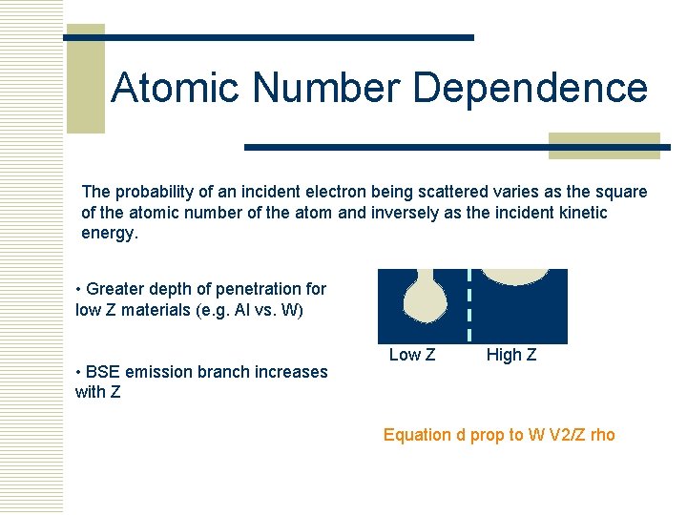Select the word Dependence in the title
[x=531, y=88]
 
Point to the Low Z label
[x=412, y=355]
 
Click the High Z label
[x=511, y=355]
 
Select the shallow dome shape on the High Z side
[x=515, y=276]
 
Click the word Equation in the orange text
[x=417, y=435]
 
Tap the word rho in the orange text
[x=603, y=435]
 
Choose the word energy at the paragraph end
[x=109, y=234]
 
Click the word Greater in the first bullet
[x=115, y=289]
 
